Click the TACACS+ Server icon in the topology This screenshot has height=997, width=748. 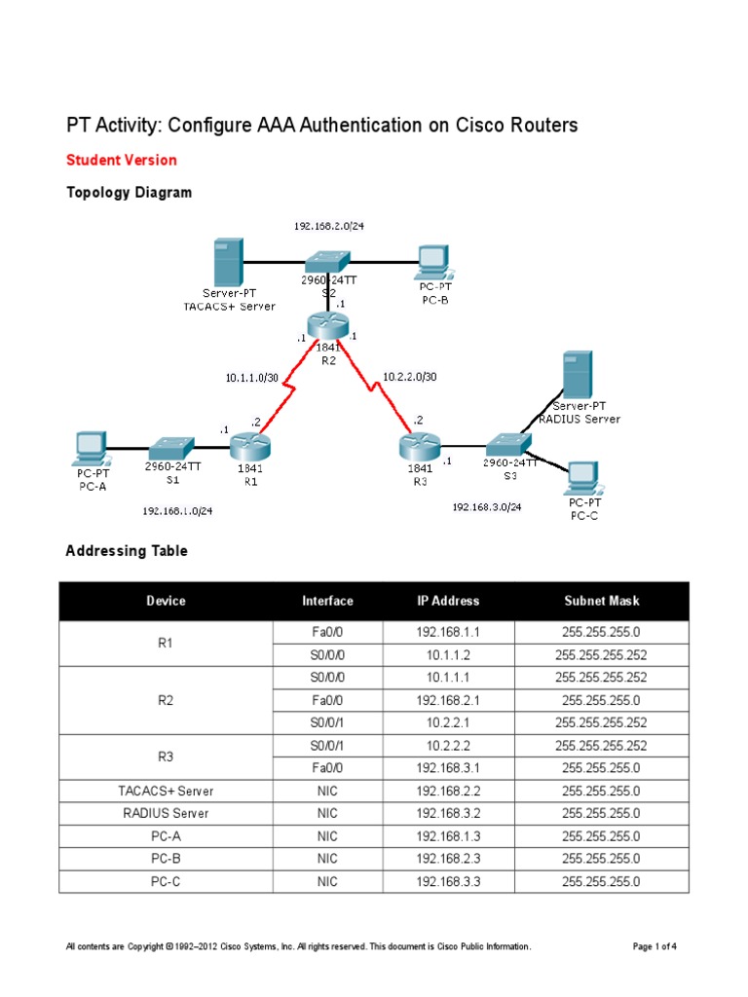228,262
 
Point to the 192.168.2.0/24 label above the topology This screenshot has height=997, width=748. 329,225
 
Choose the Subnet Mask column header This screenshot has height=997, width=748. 601,601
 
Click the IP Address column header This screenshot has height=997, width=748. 448,601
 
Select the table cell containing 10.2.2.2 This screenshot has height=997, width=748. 448,745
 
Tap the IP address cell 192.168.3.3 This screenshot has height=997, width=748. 448,882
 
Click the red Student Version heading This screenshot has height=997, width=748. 121,160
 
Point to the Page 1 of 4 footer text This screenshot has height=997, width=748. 654,946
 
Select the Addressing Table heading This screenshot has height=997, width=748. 127,551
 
